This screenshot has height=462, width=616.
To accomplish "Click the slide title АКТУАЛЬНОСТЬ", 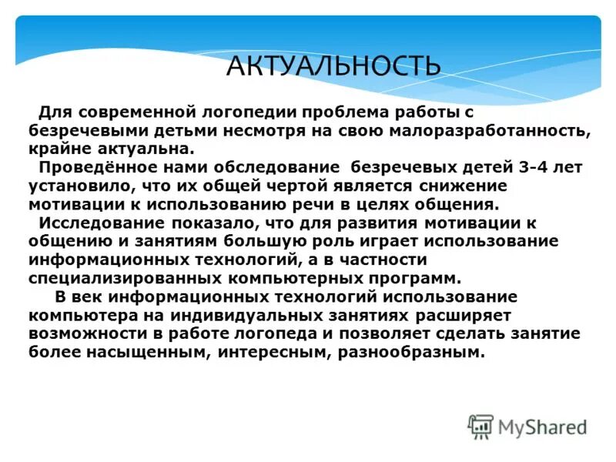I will [x=333, y=65].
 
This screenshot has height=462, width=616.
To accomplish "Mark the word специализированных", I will [x=116, y=278].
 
